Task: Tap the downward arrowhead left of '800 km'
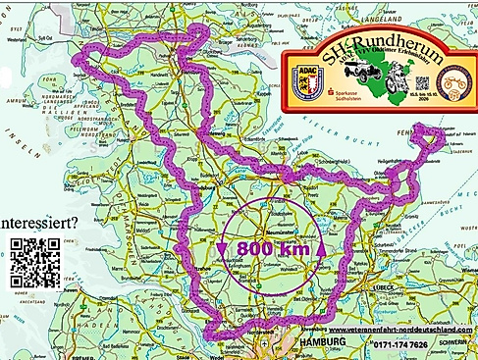(225, 247)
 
